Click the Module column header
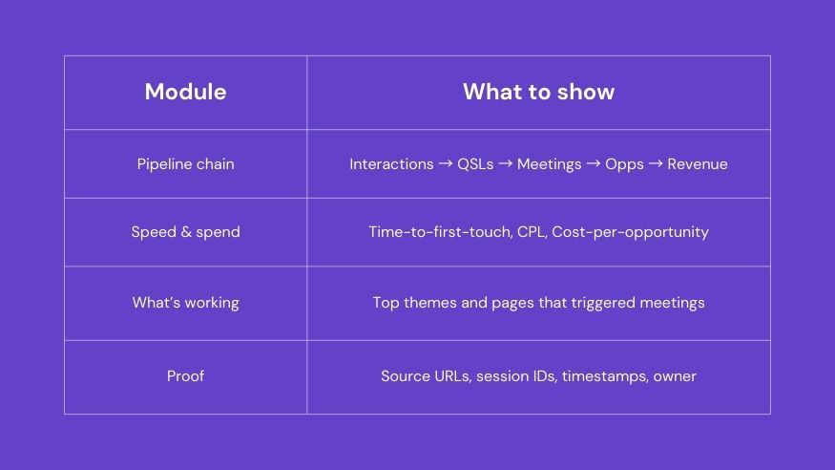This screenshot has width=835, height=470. (x=185, y=92)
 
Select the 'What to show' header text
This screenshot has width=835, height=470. (x=538, y=92)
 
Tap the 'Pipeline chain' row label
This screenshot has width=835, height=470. (x=185, y=164)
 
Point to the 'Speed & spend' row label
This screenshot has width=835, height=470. (x=185, y=232)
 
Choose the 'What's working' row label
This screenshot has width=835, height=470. (x=185, y=303)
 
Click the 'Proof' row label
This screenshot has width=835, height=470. (x=185, y=376)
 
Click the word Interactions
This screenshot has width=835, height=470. (x=391, y=164)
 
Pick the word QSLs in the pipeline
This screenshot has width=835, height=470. (x=475, y=164)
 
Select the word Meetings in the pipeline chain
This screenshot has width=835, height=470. (x=549, y=164)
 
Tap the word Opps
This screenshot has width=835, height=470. (x=624, y=164)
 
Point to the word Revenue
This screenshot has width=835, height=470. (x=697, y=164)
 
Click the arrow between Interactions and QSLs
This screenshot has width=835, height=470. (x=446, y=163)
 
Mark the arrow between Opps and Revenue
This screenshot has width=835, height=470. (x=656, y=163)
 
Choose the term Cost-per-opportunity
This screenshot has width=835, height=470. (x=630, y=232)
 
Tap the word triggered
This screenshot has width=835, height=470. (x=603, y=303)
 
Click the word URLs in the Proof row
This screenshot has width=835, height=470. (x=452, y=376)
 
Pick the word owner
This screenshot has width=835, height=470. (x=675, y=376)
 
